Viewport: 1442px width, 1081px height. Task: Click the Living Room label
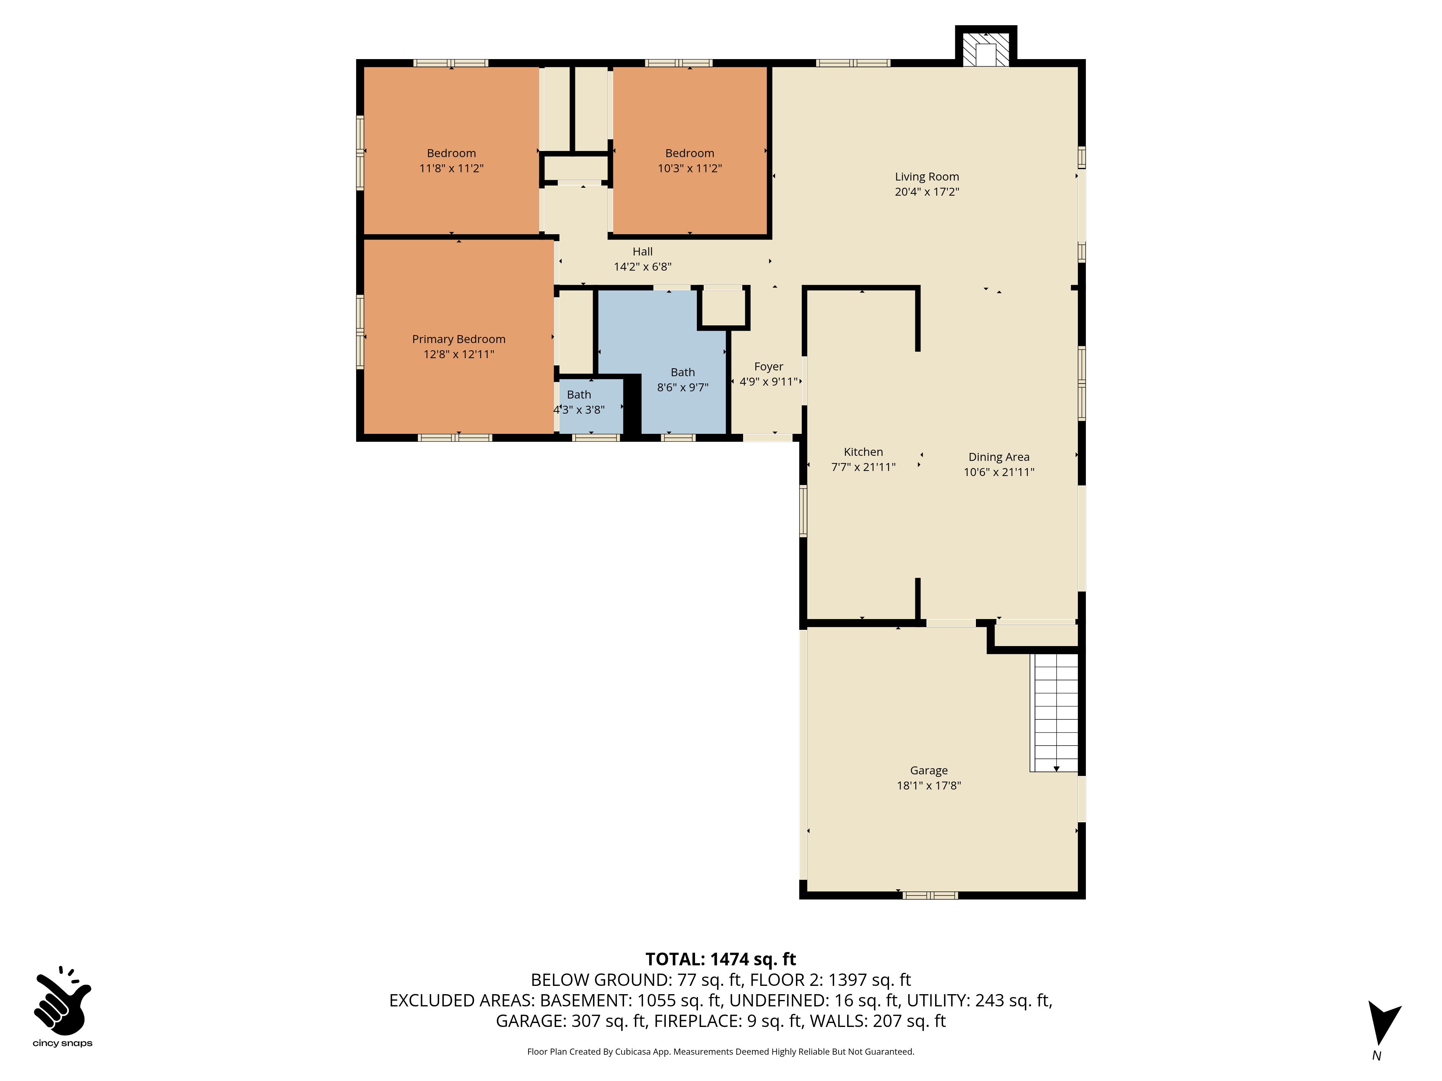(x=926, y=177)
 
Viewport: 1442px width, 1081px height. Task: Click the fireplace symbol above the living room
(x=986, y=47)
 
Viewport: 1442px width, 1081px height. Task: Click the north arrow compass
(x=1383, y=1022)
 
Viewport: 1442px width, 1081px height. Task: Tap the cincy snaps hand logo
(x=63, y=1001)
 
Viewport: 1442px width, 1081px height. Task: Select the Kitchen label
(x=863, y=451)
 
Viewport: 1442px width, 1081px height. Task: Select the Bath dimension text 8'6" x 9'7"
(x=682, y=387)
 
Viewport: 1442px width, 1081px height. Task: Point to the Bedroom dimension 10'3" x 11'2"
(x=690, y=168)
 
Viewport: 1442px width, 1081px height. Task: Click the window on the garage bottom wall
(x=930, y=895)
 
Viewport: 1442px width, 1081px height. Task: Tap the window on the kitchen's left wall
(x=803, y=511)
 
